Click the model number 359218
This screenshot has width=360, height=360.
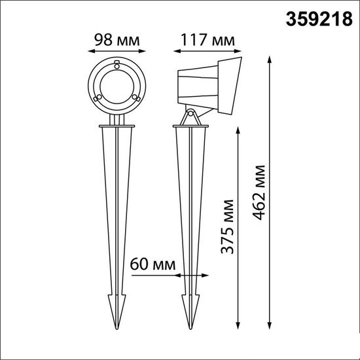pos(319,19)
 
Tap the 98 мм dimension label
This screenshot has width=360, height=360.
pos(117,40)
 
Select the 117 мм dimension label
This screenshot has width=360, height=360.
pos(207,40)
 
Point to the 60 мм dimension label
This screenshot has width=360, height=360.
pos(153,264)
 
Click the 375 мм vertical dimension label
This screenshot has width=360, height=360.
pos(227,226)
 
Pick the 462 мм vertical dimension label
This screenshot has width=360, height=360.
pos(259,192)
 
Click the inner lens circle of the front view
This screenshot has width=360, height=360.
pos(117,87)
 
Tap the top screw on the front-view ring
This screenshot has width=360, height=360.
pos(117,65)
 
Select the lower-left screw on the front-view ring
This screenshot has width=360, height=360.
pos(98,98)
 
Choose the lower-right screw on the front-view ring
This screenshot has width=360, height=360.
pos(136,98)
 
